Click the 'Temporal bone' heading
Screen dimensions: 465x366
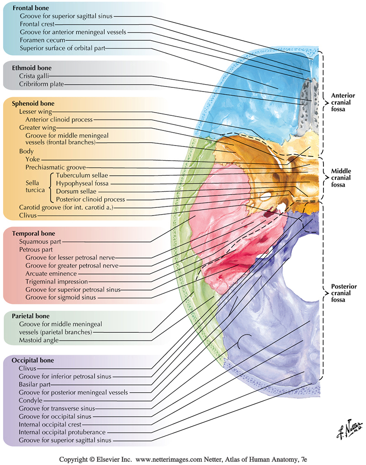[x=35, y=232]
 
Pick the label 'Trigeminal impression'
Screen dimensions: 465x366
[x=56, y=281]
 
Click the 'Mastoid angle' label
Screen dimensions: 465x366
[x=39, y=340]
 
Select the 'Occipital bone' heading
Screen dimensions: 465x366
[x=36, y=360]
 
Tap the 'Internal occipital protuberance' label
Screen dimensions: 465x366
[x=62, y=432]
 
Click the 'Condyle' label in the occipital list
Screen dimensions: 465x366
[x=31, y=400]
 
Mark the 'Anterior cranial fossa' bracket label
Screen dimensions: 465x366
[x=344, y=102]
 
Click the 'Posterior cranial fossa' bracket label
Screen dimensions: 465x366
[x=344, y=293]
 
